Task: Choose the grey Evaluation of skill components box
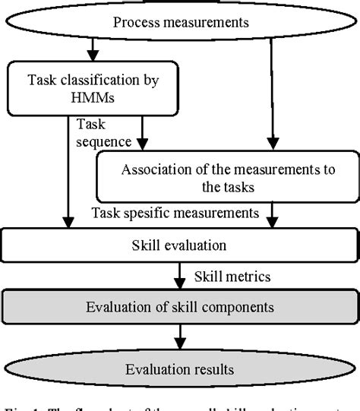pos(179,307)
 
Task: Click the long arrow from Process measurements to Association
pos(272,99)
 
